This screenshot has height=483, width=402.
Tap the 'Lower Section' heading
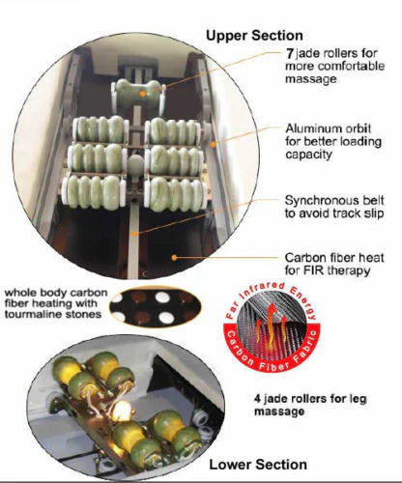258,465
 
